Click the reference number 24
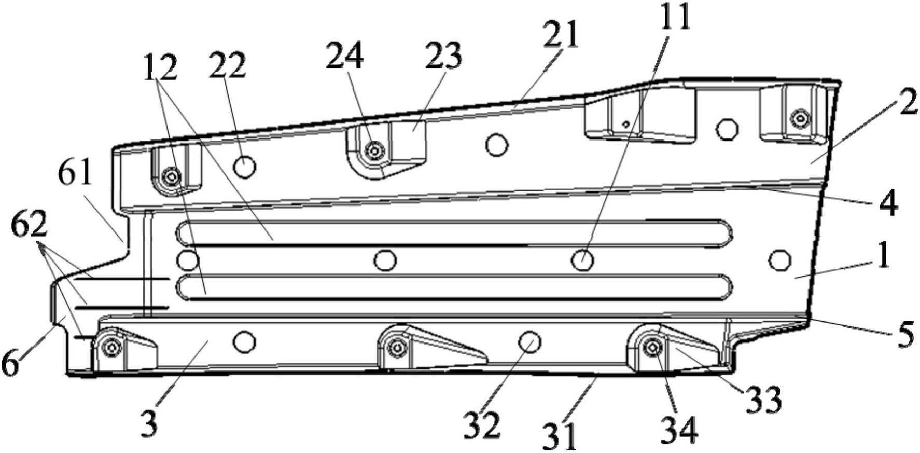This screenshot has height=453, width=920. tap(344, 58)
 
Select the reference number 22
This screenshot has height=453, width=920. tap(227, 65)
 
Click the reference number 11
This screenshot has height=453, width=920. tap(675, 17)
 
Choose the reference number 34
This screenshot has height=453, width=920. tap(679, 430)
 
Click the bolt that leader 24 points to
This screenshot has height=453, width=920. tap(373, 151)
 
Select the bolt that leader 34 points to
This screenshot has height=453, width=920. tap(650, 349)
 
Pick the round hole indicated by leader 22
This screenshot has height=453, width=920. tap(244, 167)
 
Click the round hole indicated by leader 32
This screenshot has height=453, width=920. tap(529, 342)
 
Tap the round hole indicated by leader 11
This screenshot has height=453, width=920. tap(582, 259)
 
